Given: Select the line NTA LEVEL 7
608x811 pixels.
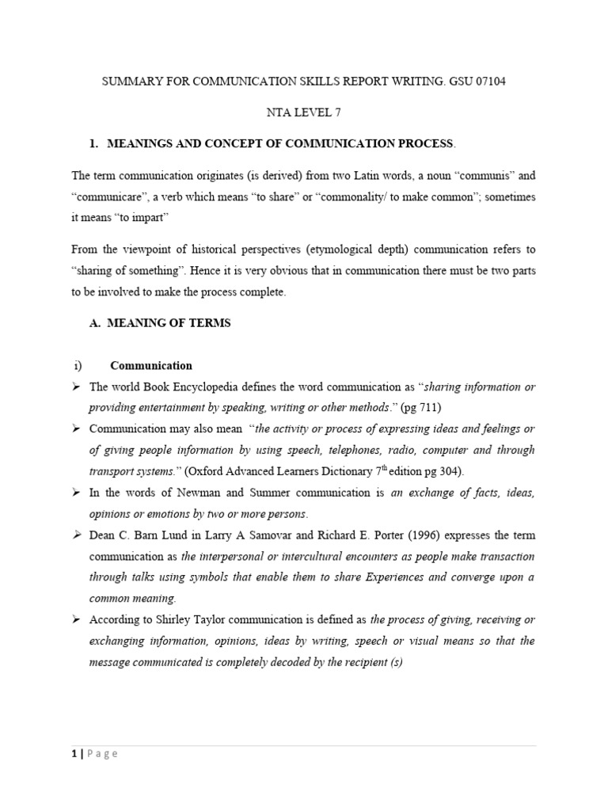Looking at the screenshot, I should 304,112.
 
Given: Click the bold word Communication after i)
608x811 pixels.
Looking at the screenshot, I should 151,366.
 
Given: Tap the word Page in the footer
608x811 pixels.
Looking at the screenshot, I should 102,753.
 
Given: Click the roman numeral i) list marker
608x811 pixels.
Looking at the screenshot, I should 78,366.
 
